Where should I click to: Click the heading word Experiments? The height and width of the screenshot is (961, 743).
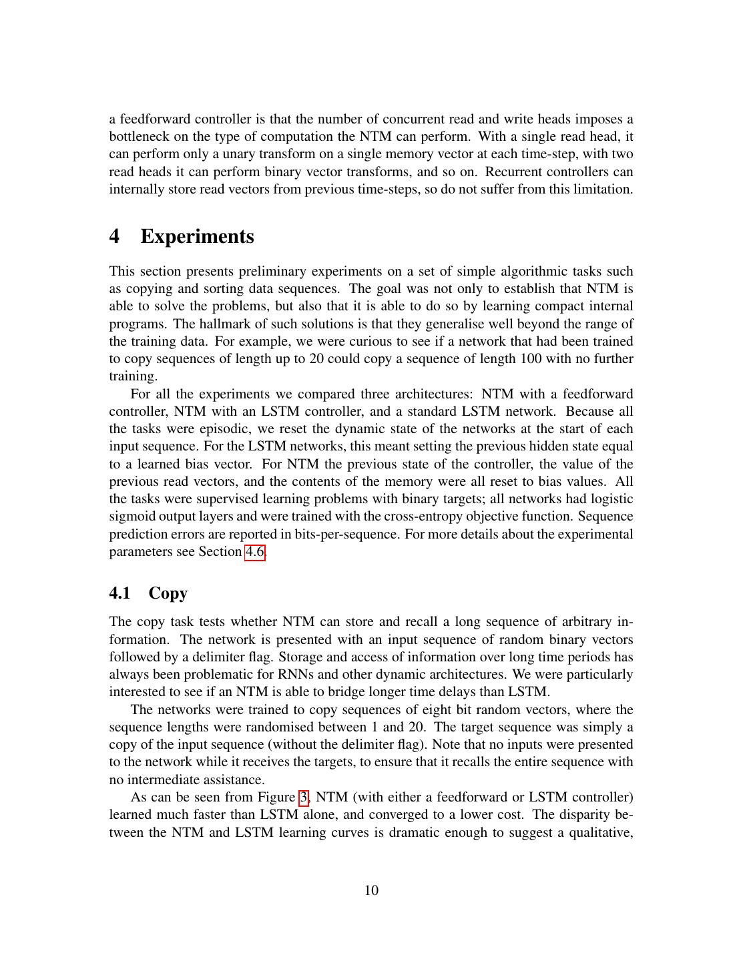pos(197,237)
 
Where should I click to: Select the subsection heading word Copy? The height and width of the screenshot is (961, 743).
pos(168,593)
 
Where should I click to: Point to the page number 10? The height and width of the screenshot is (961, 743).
pos(371,890)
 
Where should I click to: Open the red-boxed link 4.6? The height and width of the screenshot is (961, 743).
pos(255,552)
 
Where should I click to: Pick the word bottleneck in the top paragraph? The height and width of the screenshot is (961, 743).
pos(139,137)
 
